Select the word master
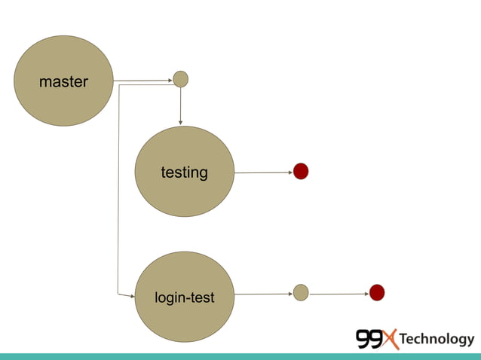pyautogui.click(x=63, y=81)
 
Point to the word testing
pyautogui.click(x=184, y=172)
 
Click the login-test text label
pyautogui.click(x=184, y=298)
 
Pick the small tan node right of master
pyautogui.click(x=180, y=78)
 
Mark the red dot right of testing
pyautogui.click(x=301, y=172)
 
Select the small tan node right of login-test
pyautogui.click(x=301, y=292)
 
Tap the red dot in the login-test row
pyautogui.click(x=377, y=292)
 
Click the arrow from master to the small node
pyautogui.click(x=143, y=79)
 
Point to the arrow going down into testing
pyautogui.click(x=180, y=105)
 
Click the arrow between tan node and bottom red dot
pyautogui.click(x=339, y=293)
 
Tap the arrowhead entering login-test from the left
pyautogui.click(x=130, y=295)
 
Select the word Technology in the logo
pyautogui.click(x=437, y=340)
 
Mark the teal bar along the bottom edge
pyautogui.click(x=240, y=356)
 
